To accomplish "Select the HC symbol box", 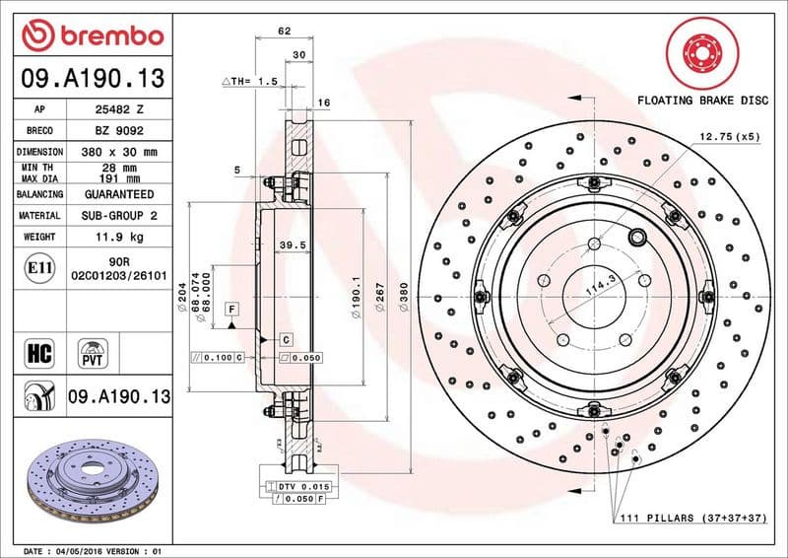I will [x=39, y=352].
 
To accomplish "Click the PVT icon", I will [x=94, y=352].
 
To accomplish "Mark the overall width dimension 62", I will [x=285, y=31].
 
